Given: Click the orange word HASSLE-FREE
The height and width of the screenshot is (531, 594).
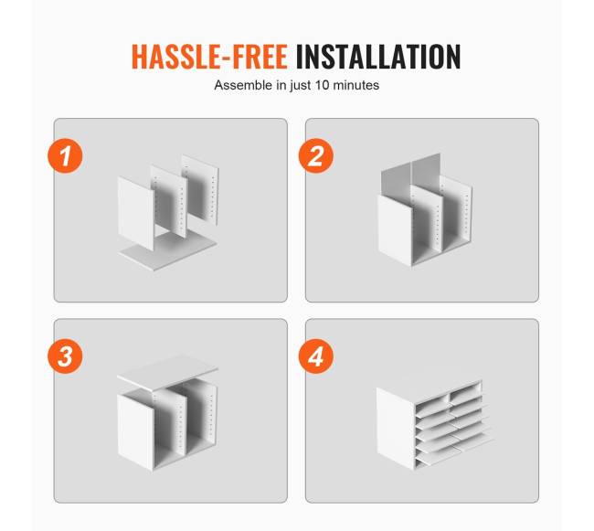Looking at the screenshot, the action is tap(209, 57).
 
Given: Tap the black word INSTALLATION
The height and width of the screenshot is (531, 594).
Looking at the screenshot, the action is tap(378, 57).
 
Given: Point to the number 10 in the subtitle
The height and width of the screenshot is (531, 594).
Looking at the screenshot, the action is tap(322, 85).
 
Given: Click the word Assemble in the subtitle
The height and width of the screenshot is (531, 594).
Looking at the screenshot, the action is tap(244, 85).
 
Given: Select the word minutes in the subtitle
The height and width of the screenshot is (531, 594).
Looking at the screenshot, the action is tap(356, 85).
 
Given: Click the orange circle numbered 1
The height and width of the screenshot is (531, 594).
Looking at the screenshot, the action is tap(65, 156).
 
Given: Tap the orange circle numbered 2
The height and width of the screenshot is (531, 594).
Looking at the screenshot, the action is tap(316, 156).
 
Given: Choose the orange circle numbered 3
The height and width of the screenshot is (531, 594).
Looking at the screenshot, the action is tap(65, 356).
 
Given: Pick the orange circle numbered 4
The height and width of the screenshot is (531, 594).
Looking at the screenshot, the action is tap(316, 356).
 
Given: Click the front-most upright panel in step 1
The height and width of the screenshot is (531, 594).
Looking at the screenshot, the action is tap(135, 213).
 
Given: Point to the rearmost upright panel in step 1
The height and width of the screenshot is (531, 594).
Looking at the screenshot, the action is tap(200, 189).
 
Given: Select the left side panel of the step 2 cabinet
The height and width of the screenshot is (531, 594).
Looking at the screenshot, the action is tap(395, 229).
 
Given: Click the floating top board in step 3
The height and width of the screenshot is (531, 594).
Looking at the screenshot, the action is tap(167, 372).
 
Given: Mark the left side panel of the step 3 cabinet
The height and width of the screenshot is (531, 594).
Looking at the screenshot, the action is tap(135, 431).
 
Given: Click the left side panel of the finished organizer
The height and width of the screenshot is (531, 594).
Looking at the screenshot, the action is tap(396, 428).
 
